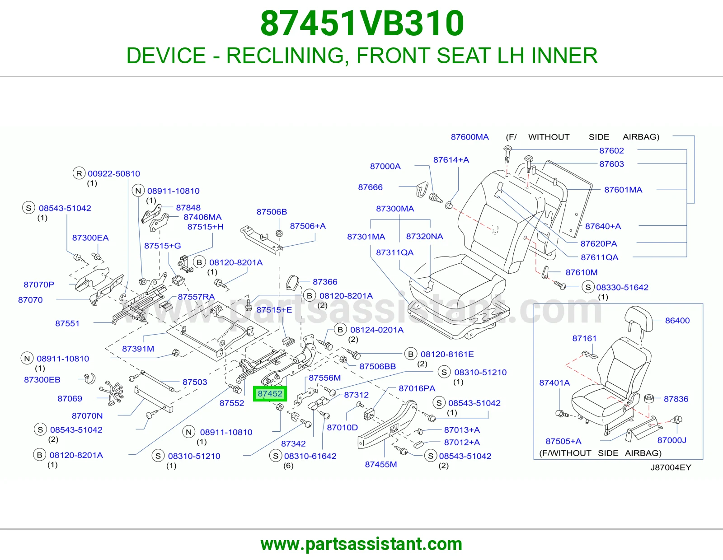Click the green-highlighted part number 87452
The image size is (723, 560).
(270, 394)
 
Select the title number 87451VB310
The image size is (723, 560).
(362, 23)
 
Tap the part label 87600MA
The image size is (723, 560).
(469, 137)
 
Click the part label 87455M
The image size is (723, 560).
(380, 464)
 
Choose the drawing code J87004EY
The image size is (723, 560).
(671, 467)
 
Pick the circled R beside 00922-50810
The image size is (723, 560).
(79, 173)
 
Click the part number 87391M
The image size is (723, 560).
(138, 349)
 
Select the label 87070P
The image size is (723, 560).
(38, 285)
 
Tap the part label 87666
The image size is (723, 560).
(370, 187)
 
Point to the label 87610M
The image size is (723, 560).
(581, 272)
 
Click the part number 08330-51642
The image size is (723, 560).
(622, 287)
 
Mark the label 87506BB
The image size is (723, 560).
(377, 366)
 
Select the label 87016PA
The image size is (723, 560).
(417, 388)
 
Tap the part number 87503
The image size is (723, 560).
(195, 382)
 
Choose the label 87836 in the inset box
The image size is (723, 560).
(676, 399)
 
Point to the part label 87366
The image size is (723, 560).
(325, 282)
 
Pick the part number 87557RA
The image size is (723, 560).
(196, 297)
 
